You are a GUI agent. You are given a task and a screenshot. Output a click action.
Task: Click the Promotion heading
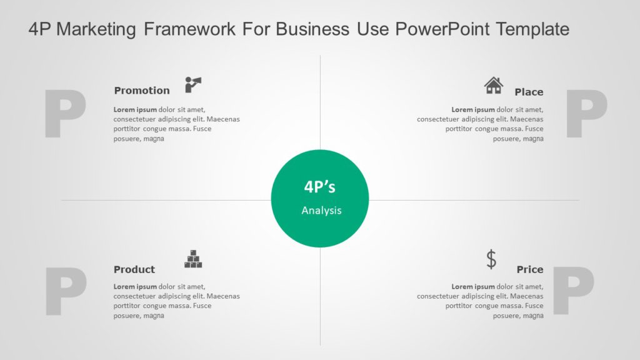coord(142,91)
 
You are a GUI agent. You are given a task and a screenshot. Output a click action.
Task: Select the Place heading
coord(529,92)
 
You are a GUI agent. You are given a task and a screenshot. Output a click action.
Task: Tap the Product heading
coord(134,270)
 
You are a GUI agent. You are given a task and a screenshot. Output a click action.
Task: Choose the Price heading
coord(530,270)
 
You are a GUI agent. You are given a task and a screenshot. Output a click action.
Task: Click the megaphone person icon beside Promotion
coord(193,84)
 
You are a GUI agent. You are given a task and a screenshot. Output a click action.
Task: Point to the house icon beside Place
coord(494,85)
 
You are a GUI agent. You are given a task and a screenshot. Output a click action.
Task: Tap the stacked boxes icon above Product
coord(193,259)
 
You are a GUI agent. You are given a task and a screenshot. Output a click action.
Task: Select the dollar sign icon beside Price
coord(492,259)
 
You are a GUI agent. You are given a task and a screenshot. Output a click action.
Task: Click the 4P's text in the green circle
coord(320,187)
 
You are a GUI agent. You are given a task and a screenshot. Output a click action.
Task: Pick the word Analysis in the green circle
coord(321,211)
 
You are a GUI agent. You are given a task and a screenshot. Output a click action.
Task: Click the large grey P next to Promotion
coord(65,114)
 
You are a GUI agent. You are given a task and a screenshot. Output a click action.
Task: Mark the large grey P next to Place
coord(586,114)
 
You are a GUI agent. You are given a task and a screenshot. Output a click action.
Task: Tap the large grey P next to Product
coord(65,292)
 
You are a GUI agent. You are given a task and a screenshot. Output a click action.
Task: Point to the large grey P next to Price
coord(573,292)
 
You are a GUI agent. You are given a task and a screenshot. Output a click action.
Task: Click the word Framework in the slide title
coord(187,29)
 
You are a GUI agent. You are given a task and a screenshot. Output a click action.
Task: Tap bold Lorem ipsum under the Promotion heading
coord(133,109)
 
